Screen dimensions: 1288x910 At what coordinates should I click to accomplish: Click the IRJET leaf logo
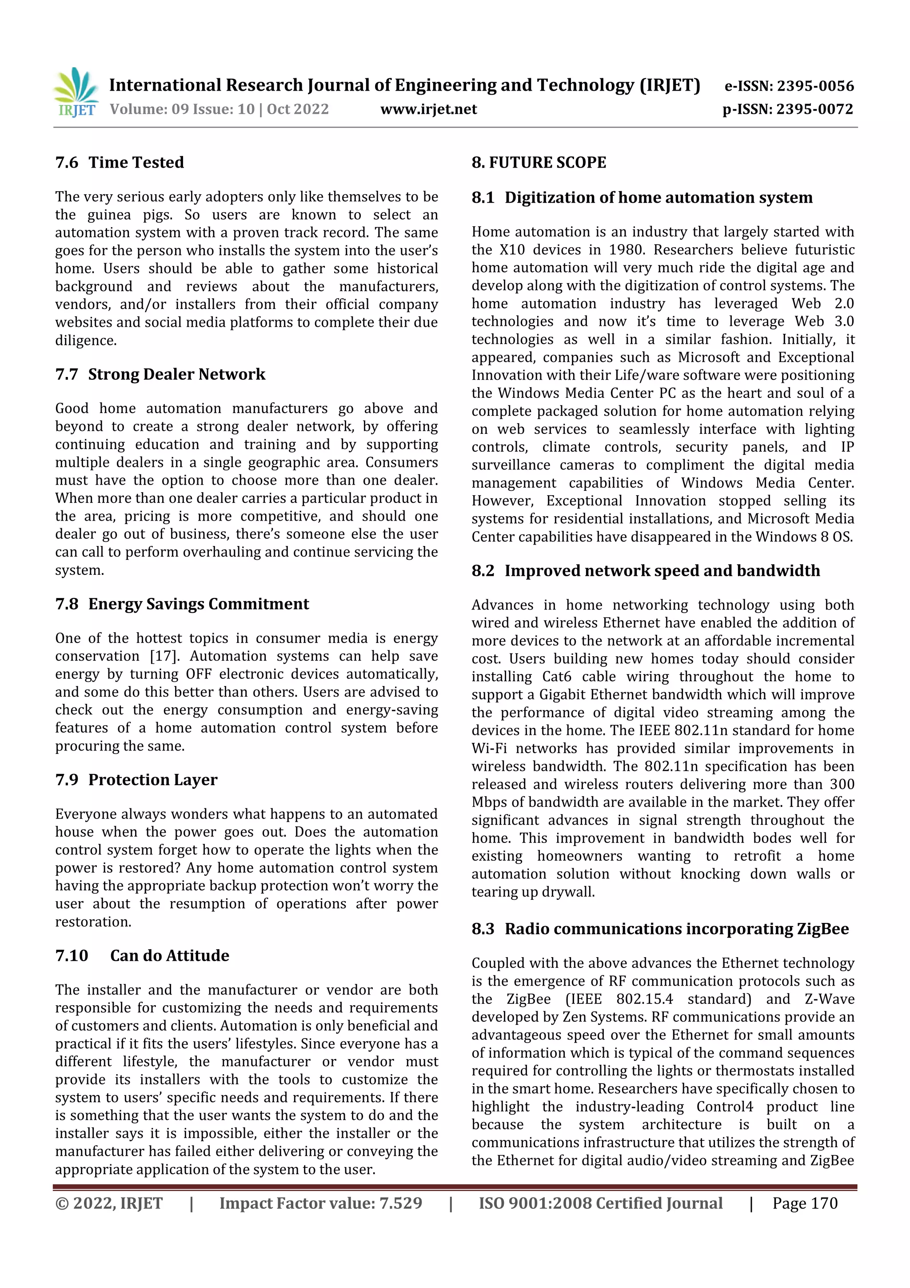point(76,92)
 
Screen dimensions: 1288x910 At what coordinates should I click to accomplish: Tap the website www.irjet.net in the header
point(428,109)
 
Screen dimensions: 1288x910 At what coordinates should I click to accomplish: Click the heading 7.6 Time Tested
point(120,163)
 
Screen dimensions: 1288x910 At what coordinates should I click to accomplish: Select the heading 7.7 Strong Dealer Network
point(160,374)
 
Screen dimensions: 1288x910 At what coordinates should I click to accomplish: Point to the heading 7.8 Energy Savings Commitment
point(182,604)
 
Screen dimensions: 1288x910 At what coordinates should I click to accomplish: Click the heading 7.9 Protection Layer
point(136,780)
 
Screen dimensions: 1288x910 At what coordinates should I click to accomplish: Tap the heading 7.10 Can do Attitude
point(143,955)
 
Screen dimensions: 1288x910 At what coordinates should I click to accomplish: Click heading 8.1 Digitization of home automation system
point(642,197)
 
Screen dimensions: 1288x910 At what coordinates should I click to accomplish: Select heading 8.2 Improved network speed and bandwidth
point(645,570)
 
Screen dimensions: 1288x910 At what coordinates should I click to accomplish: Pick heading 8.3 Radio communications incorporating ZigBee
point(660,929)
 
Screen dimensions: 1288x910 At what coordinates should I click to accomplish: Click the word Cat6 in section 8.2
point(556,677)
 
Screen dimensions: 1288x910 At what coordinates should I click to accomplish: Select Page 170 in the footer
point(805,1203)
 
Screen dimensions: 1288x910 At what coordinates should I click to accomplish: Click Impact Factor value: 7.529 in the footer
point(321,1203)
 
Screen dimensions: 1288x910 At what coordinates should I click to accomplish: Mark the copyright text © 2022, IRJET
point(109,1203)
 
